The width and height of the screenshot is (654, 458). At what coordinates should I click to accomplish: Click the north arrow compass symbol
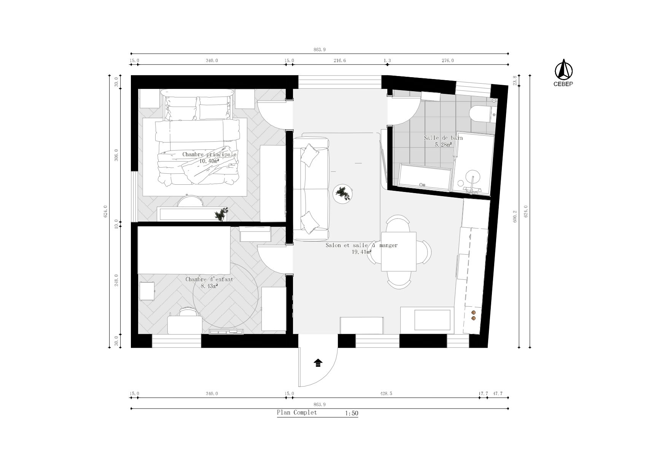click(x=563, y=70)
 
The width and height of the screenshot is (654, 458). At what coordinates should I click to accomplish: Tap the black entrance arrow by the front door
click(x=318, y=363)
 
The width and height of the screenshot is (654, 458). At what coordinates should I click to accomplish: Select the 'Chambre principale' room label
click(x=209, y=154)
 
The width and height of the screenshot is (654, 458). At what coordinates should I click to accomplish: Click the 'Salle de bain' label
click(x=443, y=138)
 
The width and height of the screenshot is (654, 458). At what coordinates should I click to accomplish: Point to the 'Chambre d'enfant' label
click(x=209, y=279)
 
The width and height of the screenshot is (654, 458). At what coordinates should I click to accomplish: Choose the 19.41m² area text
click(x=361, y=252)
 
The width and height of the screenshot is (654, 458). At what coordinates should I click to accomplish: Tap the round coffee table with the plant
click(x=344, y=194)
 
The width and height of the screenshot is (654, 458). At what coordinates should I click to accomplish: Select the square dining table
click(x=399, y=251)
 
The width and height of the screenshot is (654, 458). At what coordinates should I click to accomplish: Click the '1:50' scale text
click(x=352, y=414)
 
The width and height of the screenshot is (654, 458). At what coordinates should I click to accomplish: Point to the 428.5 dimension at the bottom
click(x=386, y=394)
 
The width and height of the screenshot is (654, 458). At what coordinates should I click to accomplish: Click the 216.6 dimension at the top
click(x=340, y=60)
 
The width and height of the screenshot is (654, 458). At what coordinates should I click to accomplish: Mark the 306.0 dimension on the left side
click(x=117, y=155)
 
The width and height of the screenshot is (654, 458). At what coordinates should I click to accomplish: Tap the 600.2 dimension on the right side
click(x=516, y=216)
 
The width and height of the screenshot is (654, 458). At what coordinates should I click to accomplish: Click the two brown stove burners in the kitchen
click(x=474, y=315)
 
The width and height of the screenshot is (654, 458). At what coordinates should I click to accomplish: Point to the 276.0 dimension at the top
click(x=448, y=60)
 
